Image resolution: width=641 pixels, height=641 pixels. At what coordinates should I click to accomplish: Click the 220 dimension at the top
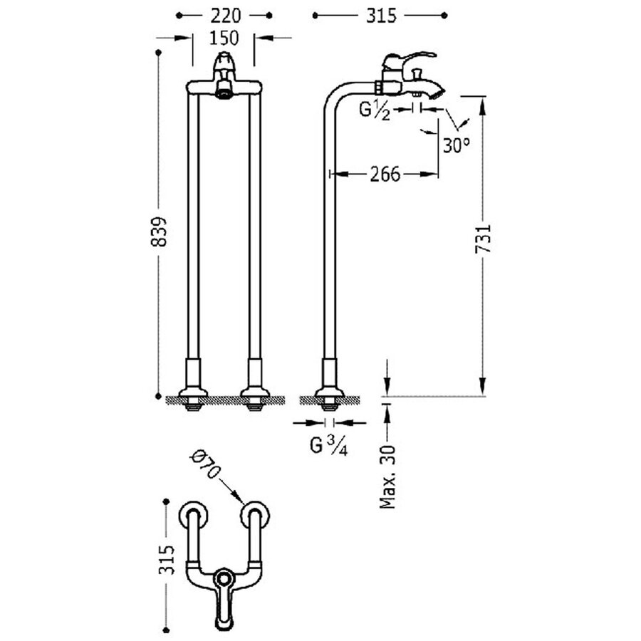(224, 14)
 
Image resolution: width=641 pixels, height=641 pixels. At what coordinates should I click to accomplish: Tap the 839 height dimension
(162, 231)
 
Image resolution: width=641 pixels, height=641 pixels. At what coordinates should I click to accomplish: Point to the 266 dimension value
(384, 173)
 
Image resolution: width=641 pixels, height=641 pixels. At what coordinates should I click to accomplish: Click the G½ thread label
(375, 110)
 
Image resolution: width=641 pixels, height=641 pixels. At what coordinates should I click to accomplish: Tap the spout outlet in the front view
(224, 90)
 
